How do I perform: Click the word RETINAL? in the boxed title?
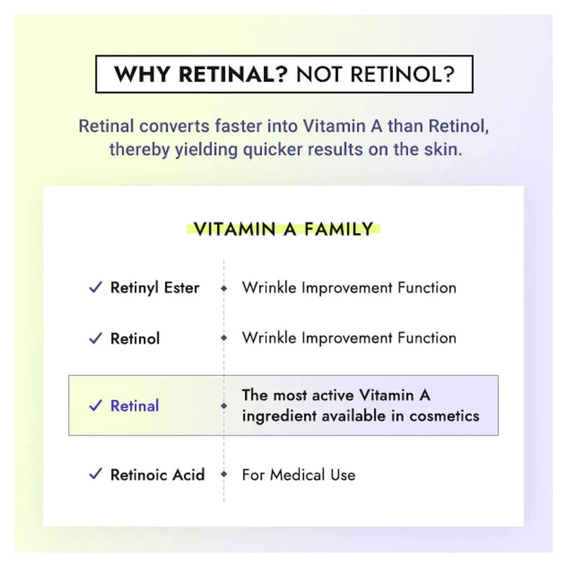pos(233,74)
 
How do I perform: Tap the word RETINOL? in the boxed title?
pos(402,74)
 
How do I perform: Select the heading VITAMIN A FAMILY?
pos(283,229)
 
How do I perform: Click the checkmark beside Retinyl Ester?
pos(95,287)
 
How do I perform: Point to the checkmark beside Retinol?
pos(95,338)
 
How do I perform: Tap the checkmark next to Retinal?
pos(95,405)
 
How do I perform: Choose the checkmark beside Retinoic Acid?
pos(95,473)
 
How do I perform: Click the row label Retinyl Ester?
pos(155,288)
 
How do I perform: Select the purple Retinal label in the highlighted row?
pos(134,406)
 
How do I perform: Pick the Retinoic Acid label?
pos(158,475)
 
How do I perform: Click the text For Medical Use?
pos(299,475)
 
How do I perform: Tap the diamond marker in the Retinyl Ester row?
pos(224,288)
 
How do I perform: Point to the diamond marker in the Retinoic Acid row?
pos(224,473)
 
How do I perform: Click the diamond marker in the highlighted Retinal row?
pos(224,406)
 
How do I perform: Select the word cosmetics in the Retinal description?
pos(444,416)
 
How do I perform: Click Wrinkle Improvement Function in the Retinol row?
pos(349,338)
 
